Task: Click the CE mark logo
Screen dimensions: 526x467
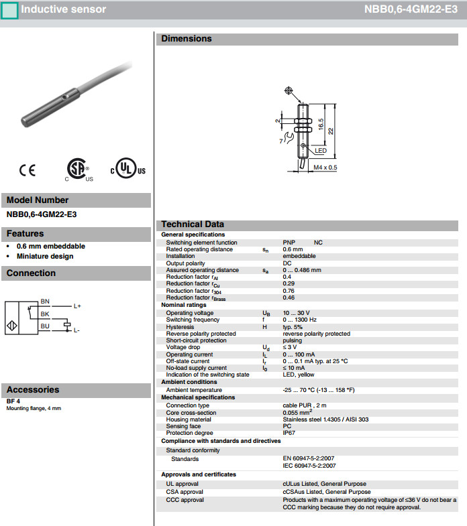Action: coord(28,170)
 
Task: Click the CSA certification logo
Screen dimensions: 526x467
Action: coord(79,170)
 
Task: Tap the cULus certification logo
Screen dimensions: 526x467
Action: coord(127,170)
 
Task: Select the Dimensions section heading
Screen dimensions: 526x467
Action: coord(187,39)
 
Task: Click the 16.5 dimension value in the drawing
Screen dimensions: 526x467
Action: coord(321,125)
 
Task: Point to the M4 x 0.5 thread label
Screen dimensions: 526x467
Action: coord(325,168)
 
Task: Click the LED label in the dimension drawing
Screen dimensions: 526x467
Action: coord(320,151)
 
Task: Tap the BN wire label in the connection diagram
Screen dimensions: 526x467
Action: coord(45,302)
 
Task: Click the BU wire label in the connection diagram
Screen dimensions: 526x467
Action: coord(45,326)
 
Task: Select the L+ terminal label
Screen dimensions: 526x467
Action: coord(77,306)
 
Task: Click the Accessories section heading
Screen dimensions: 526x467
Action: coord(33,389)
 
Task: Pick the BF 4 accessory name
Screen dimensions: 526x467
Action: coord(13,401)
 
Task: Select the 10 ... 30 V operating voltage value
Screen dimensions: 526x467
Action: coord(296,313)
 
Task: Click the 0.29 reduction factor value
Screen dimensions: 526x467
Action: coord(287,283)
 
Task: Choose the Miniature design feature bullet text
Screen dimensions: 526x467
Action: coord(45,256)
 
